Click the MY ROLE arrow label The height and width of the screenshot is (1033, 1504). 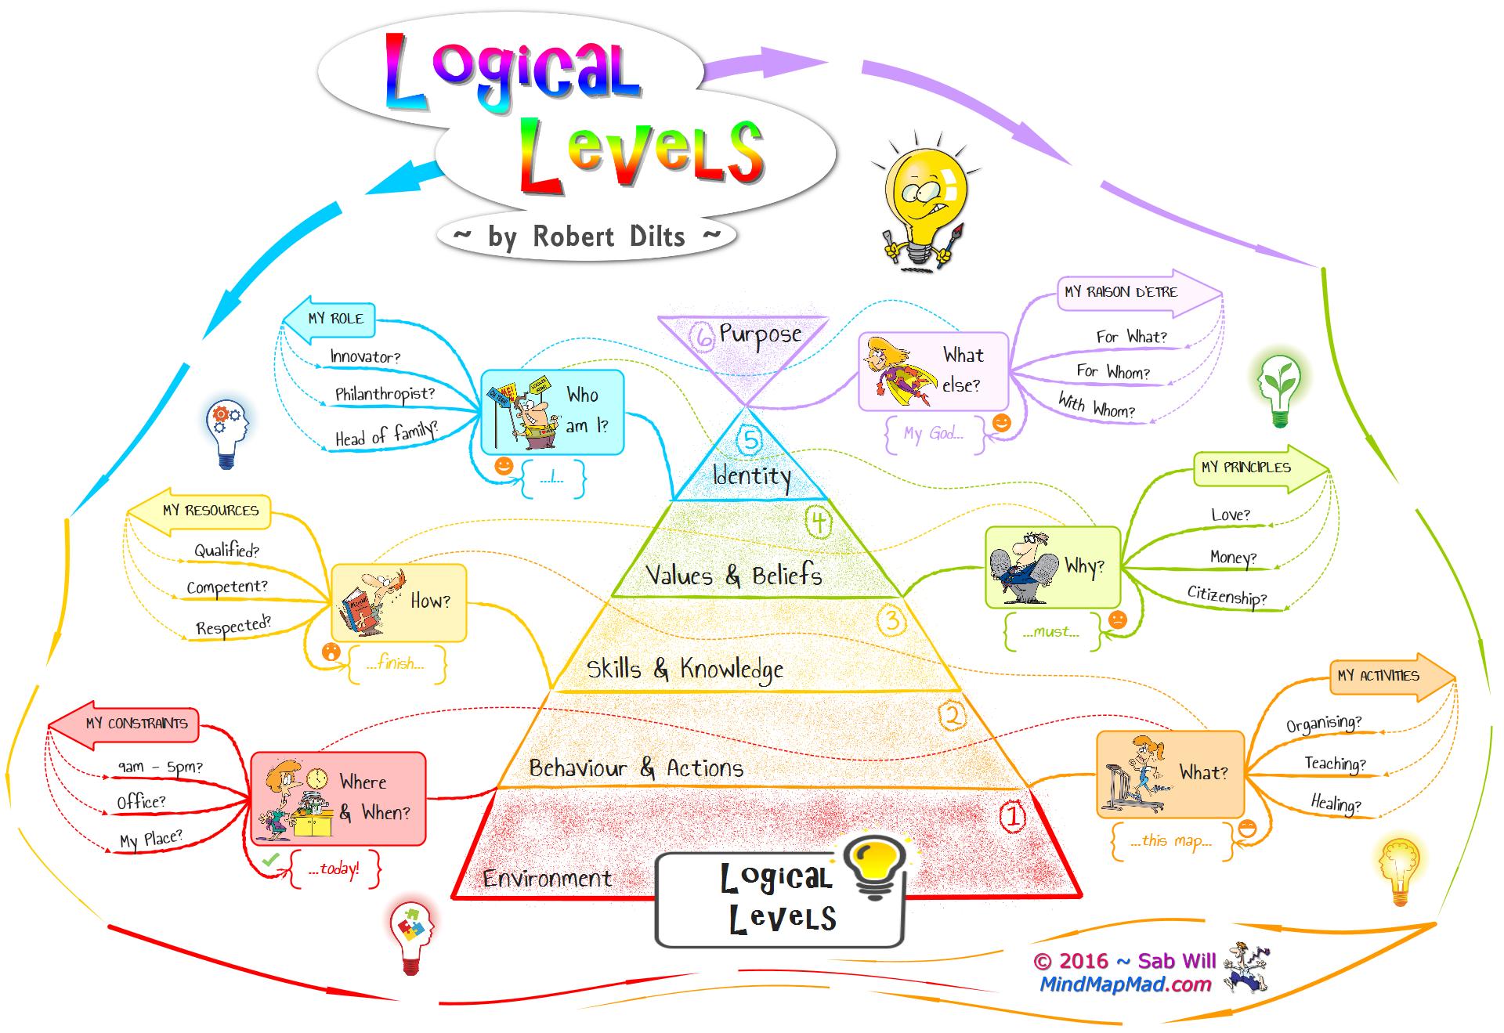coord(329,319)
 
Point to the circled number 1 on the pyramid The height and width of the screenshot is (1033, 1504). coord(1013,818)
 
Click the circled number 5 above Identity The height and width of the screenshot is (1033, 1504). coord(750,440)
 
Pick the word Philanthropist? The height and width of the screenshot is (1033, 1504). coord(385,394)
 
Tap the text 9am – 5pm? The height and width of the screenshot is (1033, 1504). coord(160,767)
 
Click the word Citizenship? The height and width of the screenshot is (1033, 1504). coord(1227,596)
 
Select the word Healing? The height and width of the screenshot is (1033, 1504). coord(1336,804)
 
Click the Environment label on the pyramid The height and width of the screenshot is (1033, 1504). coord(547,879)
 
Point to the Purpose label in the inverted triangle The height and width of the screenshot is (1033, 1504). coord(760,334)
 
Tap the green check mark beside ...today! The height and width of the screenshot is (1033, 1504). coord(271,860)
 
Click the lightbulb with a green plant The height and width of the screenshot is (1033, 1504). coord(1279,390)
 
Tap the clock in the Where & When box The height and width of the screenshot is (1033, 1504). coord(317,778)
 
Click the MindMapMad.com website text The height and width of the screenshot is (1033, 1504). coord(1126,984)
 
